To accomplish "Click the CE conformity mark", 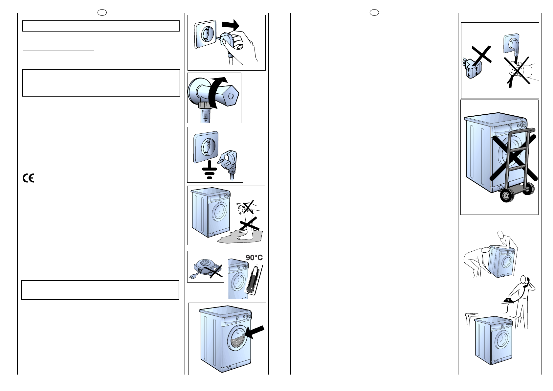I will click(28, 178).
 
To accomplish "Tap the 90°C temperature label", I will click(254, 258).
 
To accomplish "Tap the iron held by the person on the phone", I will click(508, 299).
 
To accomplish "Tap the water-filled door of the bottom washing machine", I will click(235, 341).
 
